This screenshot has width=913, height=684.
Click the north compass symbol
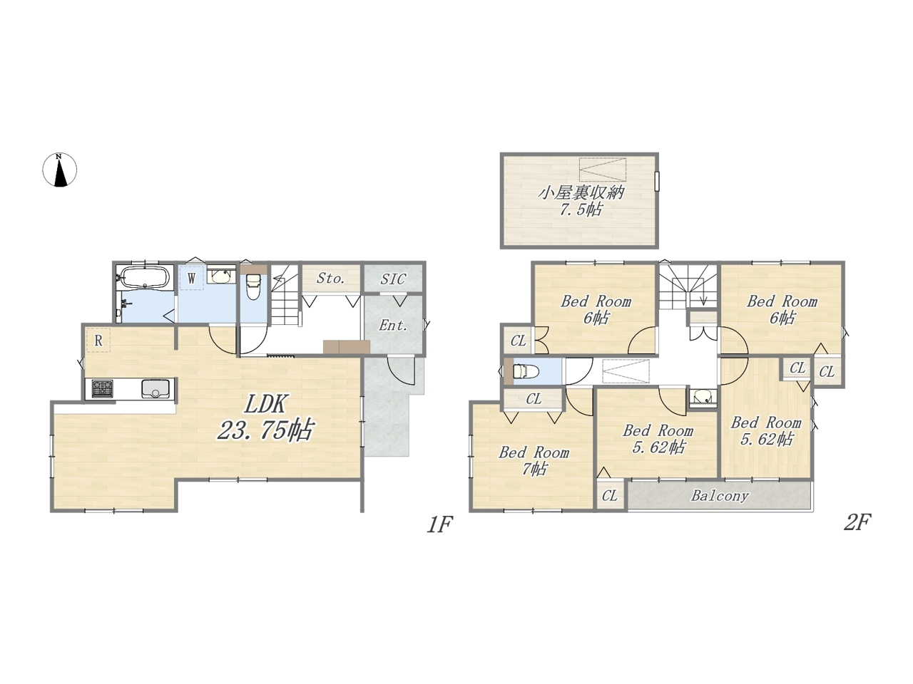[x=59, y=170]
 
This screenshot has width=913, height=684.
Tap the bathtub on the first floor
[x=144, y=276]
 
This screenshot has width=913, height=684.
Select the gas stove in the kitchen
[x=102, y=389]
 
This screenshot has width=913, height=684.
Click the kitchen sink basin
[x=155, y=389]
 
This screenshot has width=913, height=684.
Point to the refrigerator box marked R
[x=98, y=340]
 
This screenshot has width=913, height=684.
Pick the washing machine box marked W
[x=192, y=277]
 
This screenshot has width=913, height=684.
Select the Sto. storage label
[x=330, y=279]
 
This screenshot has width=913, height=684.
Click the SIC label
[x=392, y=279]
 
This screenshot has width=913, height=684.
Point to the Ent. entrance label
[x=392, y=325]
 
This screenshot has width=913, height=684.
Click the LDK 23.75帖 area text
[x=265, y=418]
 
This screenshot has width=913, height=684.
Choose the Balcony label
[x=720, y=496]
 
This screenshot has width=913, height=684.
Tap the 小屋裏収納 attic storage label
[x=581, y=202]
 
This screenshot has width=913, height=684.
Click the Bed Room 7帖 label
[x=534, y=460]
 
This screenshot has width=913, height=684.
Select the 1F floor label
[x=439, y=525]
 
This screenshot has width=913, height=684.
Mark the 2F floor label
[x=857, y=522]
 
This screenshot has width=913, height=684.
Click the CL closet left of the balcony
[x=610, y=495]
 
